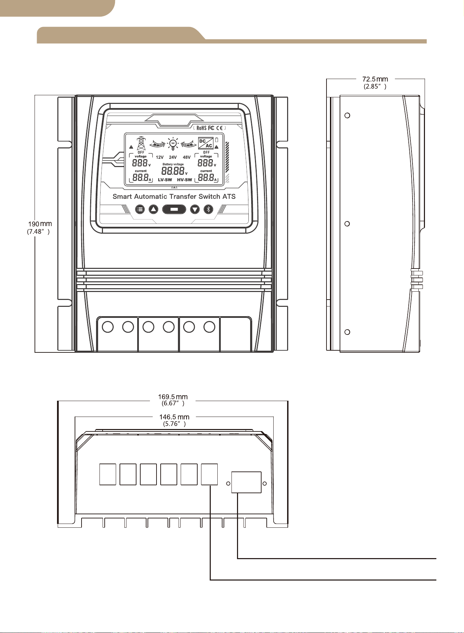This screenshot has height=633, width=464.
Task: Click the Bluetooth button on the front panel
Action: pos(208,209)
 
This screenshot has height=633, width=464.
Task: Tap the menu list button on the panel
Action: pos(140,209)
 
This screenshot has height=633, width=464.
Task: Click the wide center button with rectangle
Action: pos(174,209)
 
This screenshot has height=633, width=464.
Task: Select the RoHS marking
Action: pos(201,128)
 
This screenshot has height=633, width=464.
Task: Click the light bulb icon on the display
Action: pos(172,144)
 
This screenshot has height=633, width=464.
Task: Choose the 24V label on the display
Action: pos(173,157)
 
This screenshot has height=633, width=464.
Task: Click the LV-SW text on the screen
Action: pos(165,180)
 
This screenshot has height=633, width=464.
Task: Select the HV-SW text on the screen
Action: pos(184,180)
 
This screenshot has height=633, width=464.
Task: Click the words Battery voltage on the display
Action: pos(173,164)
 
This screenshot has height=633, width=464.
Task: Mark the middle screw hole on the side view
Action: pos(348,224)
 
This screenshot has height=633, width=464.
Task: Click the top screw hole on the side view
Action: pos(348,115)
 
